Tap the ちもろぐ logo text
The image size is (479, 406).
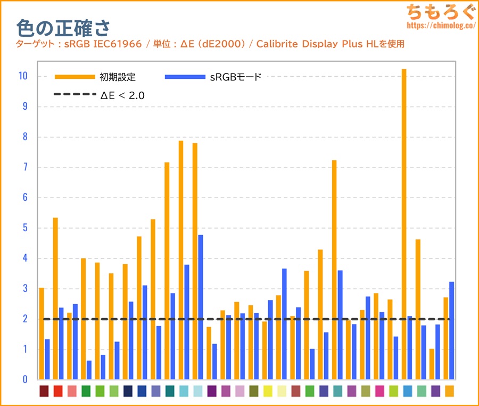[x=439, y=11]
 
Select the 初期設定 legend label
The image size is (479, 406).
[x=118, y=77]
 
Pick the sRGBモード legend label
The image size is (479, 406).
[x=235, y=77]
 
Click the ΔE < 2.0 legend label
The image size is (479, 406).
[x=122, y=96]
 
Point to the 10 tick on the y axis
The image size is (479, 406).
[x=22, y=76]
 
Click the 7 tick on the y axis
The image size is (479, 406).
[x=24, y=167]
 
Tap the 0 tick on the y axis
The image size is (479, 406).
[x=24, y=379]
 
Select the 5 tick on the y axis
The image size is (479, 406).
[x=24, y=228]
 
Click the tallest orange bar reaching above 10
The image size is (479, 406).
[x=404, y=224]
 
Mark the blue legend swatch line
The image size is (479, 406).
[x=185, y=77]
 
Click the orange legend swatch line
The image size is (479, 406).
[x=75, y=77]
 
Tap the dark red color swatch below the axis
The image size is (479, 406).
[x=44, y=391]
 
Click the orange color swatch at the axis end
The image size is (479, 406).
[x=449, y=391]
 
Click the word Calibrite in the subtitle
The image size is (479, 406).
[x=275, y=44]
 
